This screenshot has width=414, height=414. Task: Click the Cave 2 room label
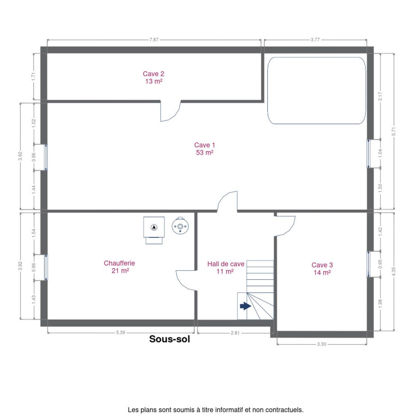click(153, 77)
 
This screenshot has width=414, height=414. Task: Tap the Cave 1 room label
click(205, 149)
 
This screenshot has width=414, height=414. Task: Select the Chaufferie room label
click(119, 267)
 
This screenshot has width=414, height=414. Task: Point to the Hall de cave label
click(226, 268)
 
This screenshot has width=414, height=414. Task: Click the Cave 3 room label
click(322, 268)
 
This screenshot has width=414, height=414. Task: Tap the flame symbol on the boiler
click(154, 227)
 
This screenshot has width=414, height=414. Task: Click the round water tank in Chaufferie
click(180, 226)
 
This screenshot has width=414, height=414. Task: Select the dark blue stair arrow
click(245, 306)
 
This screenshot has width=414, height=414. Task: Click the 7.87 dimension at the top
click(154, 40)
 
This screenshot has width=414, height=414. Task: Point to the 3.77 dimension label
click(315, 40)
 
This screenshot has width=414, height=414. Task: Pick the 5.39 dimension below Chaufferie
click(120, 332)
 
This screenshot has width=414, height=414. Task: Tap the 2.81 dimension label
click(235, 333)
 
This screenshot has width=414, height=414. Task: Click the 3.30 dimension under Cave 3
click(321, 344)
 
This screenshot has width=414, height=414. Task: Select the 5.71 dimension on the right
click(394, 131)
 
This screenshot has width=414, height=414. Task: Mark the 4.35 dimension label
click(394, 271)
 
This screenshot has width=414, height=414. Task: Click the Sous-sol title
click(169, 339)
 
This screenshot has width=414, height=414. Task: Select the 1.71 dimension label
click(33, 76)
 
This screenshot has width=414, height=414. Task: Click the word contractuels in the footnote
click(284, 410)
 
